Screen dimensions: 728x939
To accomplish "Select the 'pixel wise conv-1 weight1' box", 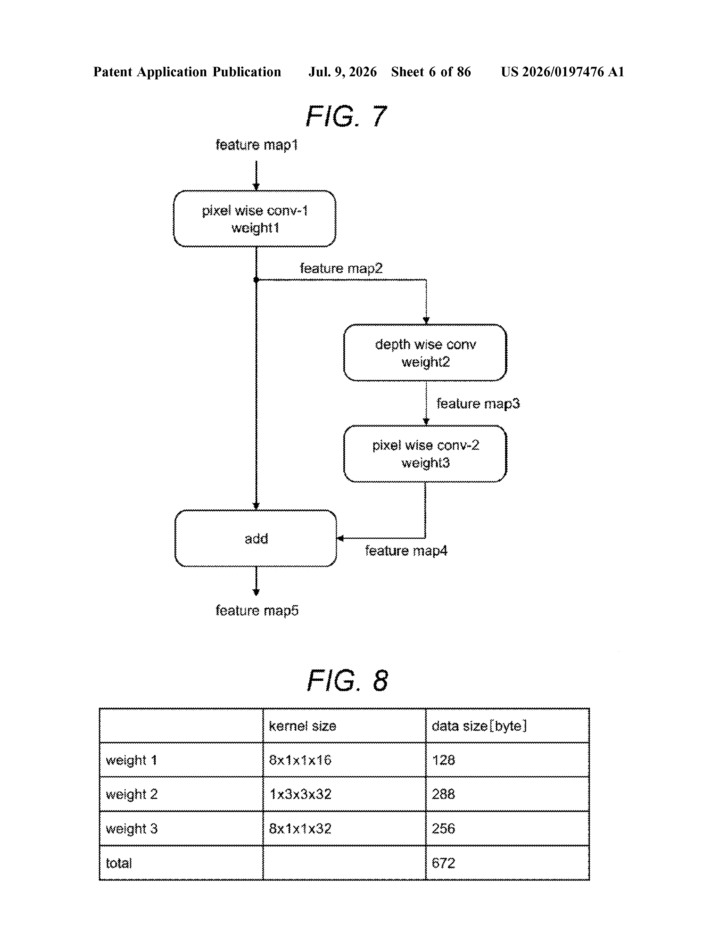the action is coord(255,219).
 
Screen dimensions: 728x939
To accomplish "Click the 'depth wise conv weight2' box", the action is coord(425,353).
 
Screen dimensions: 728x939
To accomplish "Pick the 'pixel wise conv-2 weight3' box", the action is coord(425,454).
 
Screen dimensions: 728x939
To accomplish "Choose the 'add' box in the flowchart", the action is coord(256,538).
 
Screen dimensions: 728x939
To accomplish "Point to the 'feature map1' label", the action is coord(257,145).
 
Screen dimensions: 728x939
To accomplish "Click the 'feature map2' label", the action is coord(341,268).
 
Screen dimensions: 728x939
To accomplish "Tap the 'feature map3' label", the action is coord(478,403).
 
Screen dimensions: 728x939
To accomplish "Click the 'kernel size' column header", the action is coord(302,726).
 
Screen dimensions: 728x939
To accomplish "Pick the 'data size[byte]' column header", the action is coord(479,726).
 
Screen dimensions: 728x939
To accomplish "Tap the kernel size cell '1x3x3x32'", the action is coord(300,794).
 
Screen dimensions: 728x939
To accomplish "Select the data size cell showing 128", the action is coord(443,760).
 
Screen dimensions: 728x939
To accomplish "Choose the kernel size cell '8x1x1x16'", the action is coord(300,760).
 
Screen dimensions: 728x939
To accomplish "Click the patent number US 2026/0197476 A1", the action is coord(562,72).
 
